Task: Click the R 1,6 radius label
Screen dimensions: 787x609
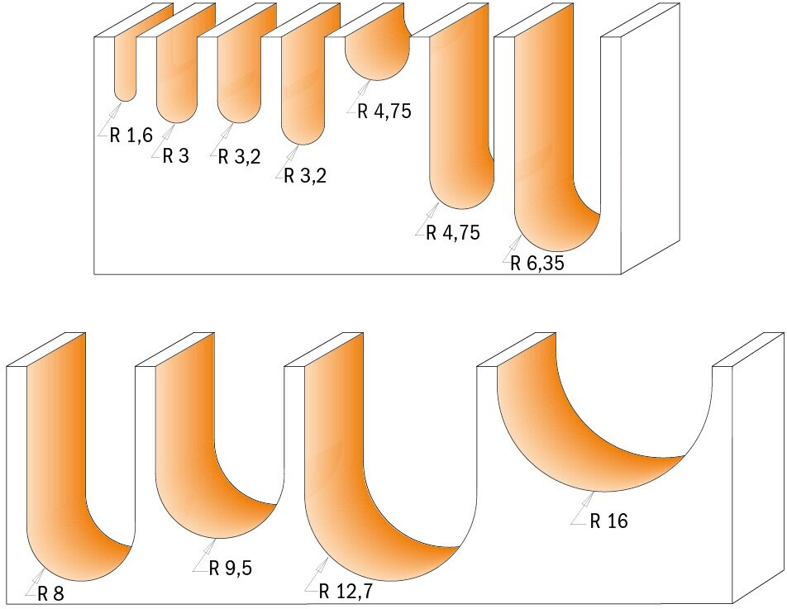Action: (131, 136)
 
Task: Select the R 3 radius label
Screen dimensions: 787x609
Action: (175, 156)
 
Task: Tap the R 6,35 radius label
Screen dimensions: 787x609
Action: (537, 264)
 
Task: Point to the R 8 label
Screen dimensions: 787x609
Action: (51, 594)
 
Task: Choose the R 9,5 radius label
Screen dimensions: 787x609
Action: (231, 569)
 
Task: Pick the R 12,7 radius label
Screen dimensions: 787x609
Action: (346, 592)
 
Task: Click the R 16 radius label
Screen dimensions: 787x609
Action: (608, 521)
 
